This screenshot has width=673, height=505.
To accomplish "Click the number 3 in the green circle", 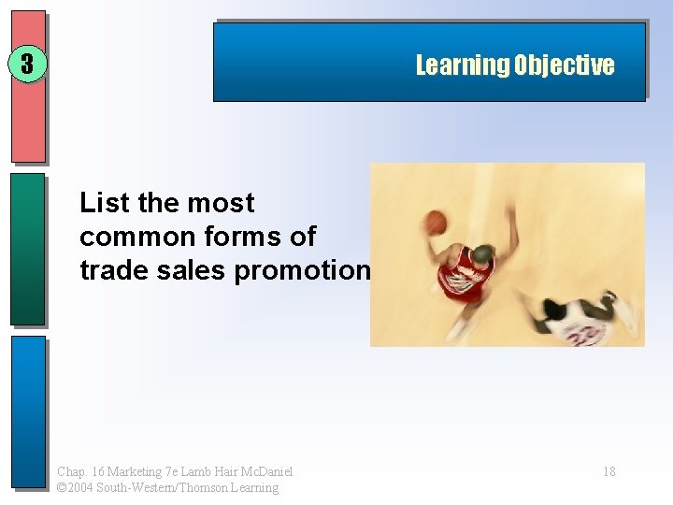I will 27,65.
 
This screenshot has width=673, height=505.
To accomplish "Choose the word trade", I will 109,269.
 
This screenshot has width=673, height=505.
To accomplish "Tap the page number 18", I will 609,471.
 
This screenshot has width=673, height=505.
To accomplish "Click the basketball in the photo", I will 437,223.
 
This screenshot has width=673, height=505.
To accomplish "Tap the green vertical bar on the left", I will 28,249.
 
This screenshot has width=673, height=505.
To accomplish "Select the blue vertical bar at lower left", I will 28,411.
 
